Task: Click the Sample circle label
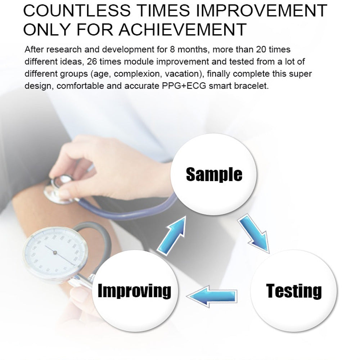[214, 174]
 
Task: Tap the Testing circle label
[294, 291]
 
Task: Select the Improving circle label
[135, 291]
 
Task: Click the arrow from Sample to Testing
[254, 234]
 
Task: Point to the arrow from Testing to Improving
[212, 296]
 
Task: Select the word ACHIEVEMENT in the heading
[183, 30]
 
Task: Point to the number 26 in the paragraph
[92, 62]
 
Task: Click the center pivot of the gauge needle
[55, 253]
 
